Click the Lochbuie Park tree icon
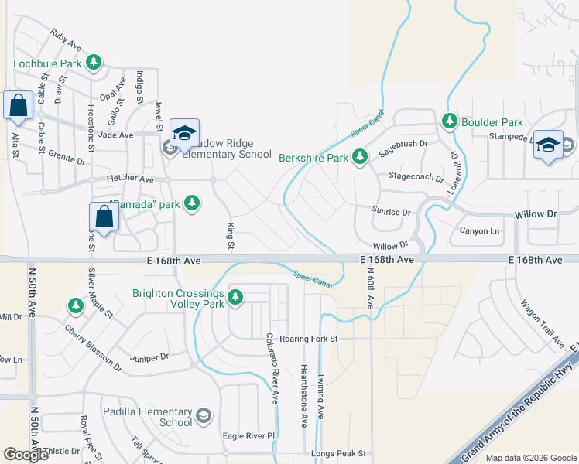94,62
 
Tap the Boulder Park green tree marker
450,121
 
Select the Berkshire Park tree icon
359,158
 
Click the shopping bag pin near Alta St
18,106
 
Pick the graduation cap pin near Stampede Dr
548,145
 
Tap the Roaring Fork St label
310,339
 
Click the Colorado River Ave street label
272,369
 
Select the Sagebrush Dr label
403,143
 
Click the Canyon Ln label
480,231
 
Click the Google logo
26,455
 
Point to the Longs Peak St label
338,454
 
